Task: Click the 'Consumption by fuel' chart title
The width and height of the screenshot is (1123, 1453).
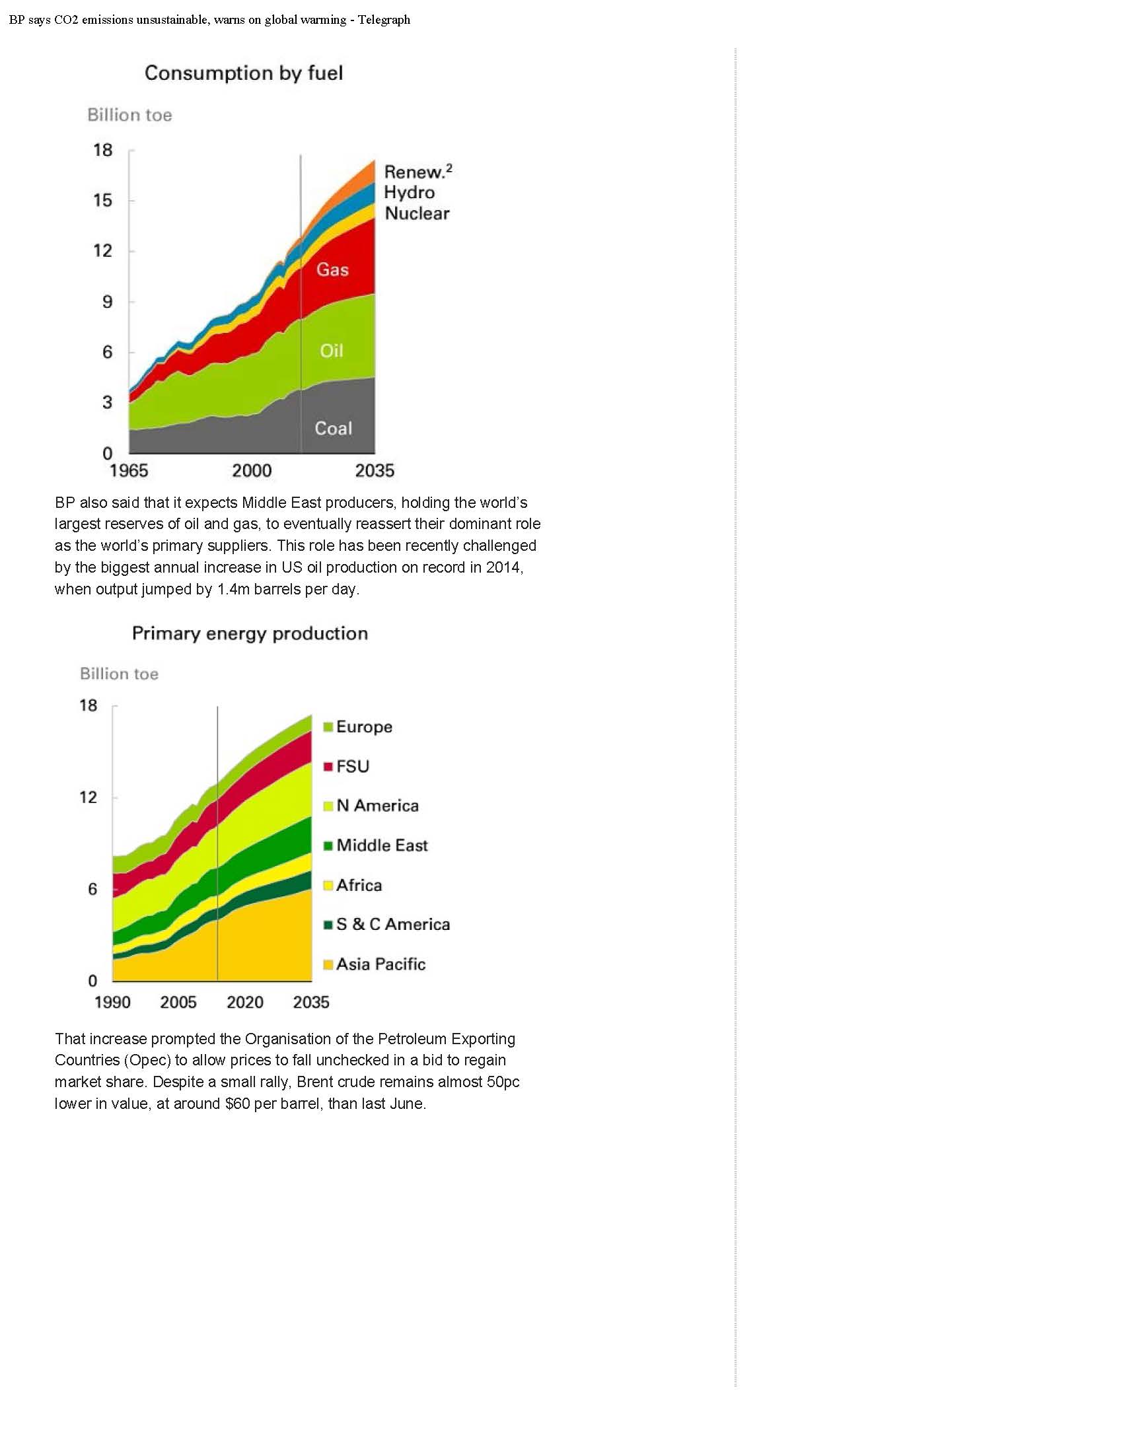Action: pyautogui.click(x=244, y=73)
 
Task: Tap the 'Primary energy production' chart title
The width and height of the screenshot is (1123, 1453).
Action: pyautogui.click(x=250, y=633)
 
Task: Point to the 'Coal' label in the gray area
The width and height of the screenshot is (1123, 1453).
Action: pyautogui.click(x=333, y=428)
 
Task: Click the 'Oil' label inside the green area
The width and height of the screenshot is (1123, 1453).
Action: pyautogui.click(x=332, y=351)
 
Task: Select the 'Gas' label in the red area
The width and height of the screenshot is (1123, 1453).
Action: pyautogui.click(x=332, y=269)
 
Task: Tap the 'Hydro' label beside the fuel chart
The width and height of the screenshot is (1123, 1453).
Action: pyautogui.click(x=409, y=192)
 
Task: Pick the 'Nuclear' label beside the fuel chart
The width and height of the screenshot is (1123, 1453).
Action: pyautogui.click(x=417, y=213)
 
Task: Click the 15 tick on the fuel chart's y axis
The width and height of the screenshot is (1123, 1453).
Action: pyautogui.click(x=103, y=200)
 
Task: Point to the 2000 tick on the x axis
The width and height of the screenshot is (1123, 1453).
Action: pyautogui.click(x=252, y=470)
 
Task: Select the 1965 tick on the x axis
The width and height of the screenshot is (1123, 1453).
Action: pyautogui.click(x=128, y=470)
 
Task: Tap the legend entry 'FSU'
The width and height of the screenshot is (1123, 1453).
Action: pyautogui.click(x=352, y=766)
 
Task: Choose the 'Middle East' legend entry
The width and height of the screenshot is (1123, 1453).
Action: pyautogui.click(x=382, y=845)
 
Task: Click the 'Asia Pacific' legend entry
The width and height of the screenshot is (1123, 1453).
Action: pyautogui.click(x=380, y=964)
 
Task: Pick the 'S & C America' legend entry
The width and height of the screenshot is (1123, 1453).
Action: pyautogui.click(x=392, y=924)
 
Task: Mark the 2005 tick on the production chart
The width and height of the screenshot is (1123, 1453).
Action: pyautogui.click(x=178, y=1002)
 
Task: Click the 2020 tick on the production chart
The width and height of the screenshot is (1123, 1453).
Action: pyautogui.click(x=245, y=1002)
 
